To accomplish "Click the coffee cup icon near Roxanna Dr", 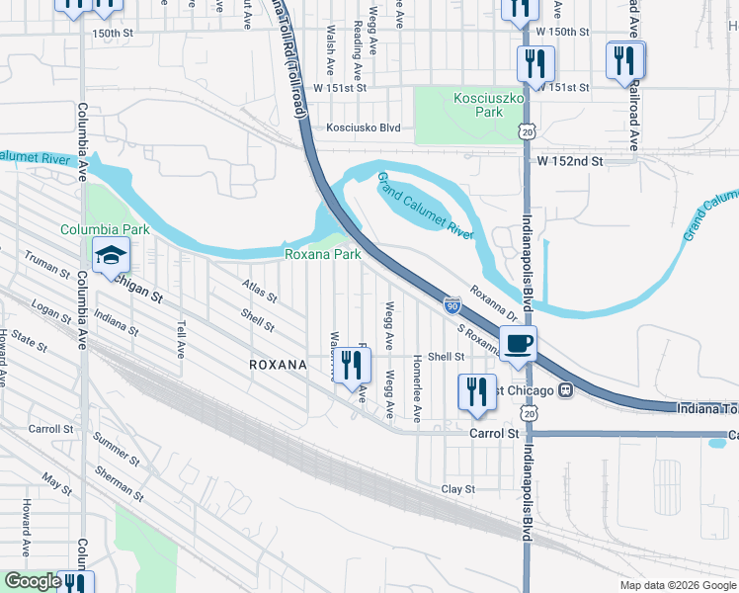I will click(x=519, y=343).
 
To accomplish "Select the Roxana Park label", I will click(x=322, y=254).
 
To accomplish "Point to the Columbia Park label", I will click(x=105, y=229).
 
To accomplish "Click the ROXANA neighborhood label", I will click(x=278, y=365).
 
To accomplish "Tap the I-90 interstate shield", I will click(x=451, y=307).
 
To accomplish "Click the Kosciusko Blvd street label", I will click(x=364, y=127).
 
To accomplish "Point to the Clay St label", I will click(x=458, y=489).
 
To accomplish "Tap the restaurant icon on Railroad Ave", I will click(x=625, y=60).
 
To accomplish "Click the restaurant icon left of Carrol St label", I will click(x=475, y=390).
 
